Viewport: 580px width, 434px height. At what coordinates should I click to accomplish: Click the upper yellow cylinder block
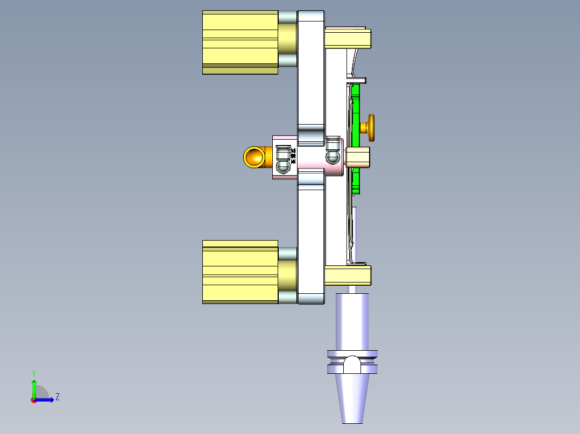coord(239,42)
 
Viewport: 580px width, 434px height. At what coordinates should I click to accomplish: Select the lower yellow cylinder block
coord(239,272)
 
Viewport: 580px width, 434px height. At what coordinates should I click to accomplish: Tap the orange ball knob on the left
coord(253,156)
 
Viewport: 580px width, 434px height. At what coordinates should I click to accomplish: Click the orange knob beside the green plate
coord(370,127)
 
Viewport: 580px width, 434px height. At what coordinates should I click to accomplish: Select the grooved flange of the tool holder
coord(352,362)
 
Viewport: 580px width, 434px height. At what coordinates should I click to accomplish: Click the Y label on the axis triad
coord(33,373)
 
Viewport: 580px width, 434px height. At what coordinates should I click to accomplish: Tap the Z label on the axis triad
coord(57,397)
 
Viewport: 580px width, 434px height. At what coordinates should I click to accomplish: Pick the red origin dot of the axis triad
coord(33,400)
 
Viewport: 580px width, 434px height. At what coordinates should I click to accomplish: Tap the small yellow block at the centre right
coord(358,157)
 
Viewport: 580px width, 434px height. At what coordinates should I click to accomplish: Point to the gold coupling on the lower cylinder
coord(287,276)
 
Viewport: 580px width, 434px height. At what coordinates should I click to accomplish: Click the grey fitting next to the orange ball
coord(282,161)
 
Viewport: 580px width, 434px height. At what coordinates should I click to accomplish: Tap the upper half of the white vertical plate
coord(311,75)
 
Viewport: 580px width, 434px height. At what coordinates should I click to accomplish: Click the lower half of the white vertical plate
coord(311,236)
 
